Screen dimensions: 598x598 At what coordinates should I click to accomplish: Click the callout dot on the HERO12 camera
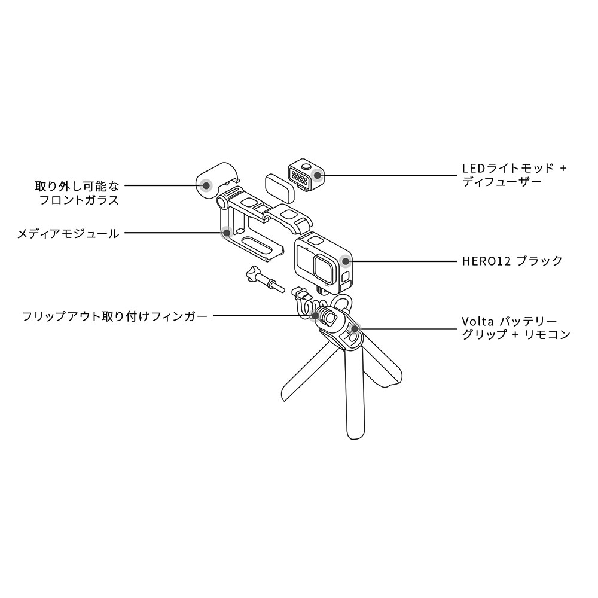tap(346, 261)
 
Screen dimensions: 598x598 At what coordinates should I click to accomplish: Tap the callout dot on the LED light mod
tap(318, 175)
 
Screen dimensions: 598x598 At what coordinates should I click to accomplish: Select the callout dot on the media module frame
tap(226, 233)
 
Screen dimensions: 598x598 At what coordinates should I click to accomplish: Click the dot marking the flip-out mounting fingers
tap(314, 315)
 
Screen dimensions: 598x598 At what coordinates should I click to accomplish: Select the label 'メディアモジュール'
tap(68, 233)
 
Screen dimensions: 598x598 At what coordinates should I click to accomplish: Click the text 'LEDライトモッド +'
tap(514, 168)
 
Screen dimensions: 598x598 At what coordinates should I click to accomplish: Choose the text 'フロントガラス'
tap(79, 200)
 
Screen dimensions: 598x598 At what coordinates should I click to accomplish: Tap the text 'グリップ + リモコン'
tap(515, 335)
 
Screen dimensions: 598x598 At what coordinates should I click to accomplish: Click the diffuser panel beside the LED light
tap(279, 187)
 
